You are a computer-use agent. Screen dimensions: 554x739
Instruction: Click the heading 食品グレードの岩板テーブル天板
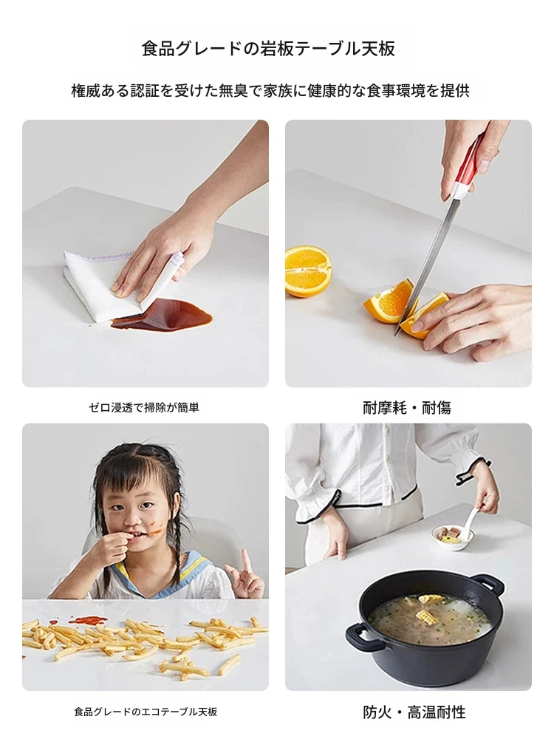[x=268, y=49]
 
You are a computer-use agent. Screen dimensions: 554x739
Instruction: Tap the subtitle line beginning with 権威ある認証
[x=270, y=90]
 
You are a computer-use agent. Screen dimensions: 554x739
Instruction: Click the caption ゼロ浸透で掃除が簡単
[x=144, y=407]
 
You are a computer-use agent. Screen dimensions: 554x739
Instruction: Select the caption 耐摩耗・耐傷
[x=407, y=407]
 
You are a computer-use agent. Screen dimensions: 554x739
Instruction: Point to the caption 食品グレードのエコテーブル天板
[x=146, y=712]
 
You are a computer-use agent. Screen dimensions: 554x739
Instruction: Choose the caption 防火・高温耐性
[x=414, y=712]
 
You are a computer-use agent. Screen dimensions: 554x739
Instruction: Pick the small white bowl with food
[x=447, y=537]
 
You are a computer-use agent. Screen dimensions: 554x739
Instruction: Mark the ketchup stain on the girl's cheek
[x=155, y=528]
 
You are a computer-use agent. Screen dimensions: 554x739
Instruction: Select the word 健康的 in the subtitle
[x=329, y=90]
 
